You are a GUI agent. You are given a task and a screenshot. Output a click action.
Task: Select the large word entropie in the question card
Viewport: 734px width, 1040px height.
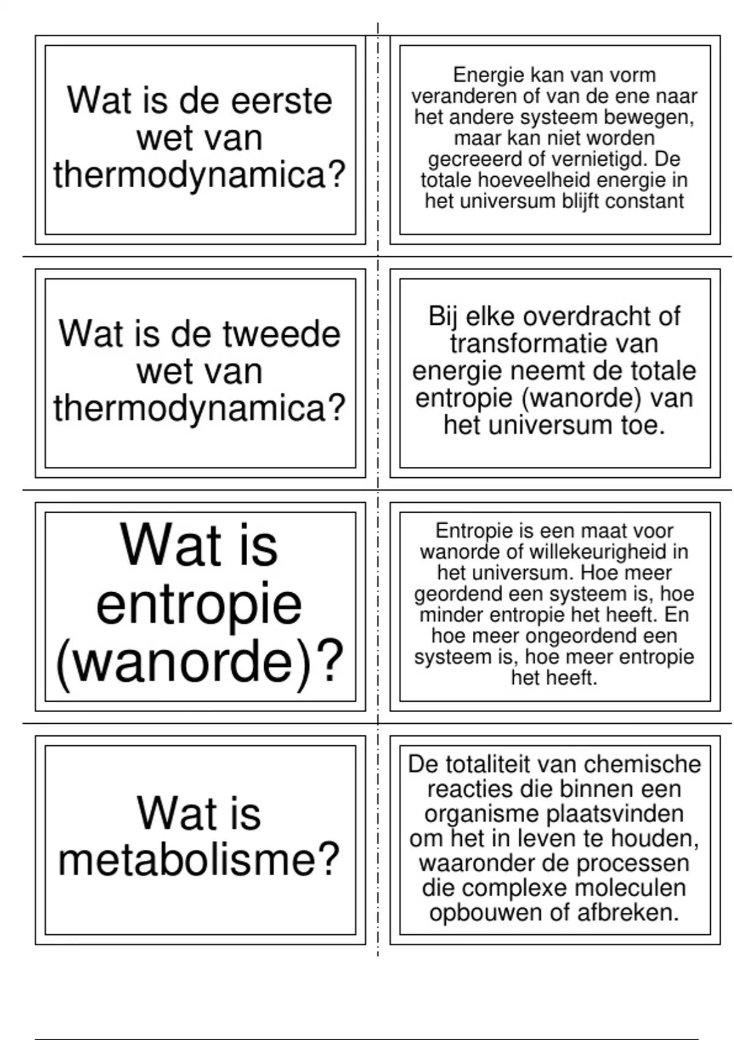click(199, 604)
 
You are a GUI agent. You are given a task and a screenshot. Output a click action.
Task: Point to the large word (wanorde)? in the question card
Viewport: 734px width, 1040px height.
click(199, 663)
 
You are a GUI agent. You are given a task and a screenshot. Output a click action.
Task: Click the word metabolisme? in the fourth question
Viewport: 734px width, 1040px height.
click(199, 860)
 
